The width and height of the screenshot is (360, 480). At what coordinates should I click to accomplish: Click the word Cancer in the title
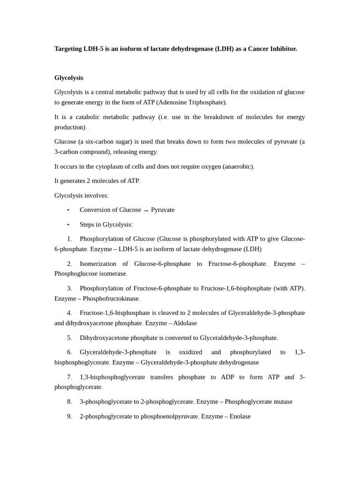click(x=259, y=49)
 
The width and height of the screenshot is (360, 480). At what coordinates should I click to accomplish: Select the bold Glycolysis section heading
click(x=68, y=78)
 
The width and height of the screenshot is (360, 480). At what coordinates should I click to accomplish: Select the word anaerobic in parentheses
click(x=238, y=166)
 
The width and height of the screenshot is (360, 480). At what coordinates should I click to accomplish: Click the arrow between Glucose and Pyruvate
click(x=146, y=210)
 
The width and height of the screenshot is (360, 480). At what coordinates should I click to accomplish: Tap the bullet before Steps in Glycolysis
click(x=68, y=225)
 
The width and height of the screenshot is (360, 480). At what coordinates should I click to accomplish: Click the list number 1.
click(x=69, y=239)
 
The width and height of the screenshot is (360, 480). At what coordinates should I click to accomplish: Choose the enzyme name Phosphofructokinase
click(x=111, y=299)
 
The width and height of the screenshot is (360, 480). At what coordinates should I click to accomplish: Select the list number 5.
click(x=69, y=338)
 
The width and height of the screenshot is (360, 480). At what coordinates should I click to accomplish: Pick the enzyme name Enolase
click(x=238, y=416)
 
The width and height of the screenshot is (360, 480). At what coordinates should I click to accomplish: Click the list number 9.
click(x=69, y=416)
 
